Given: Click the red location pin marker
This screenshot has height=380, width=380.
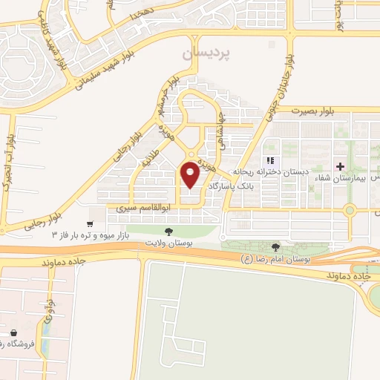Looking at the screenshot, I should click(x=191, y=174).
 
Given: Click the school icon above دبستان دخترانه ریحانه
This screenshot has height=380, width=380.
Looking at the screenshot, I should click(x=270, y=160).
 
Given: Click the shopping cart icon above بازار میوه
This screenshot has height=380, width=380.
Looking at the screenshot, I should click(x=90, y=223).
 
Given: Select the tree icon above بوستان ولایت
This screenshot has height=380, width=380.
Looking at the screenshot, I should click(x=168, y=232).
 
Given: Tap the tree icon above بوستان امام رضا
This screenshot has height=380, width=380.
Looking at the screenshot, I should click(x=276, y=247).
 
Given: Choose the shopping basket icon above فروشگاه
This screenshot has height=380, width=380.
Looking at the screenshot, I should click(x=16, y=333).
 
